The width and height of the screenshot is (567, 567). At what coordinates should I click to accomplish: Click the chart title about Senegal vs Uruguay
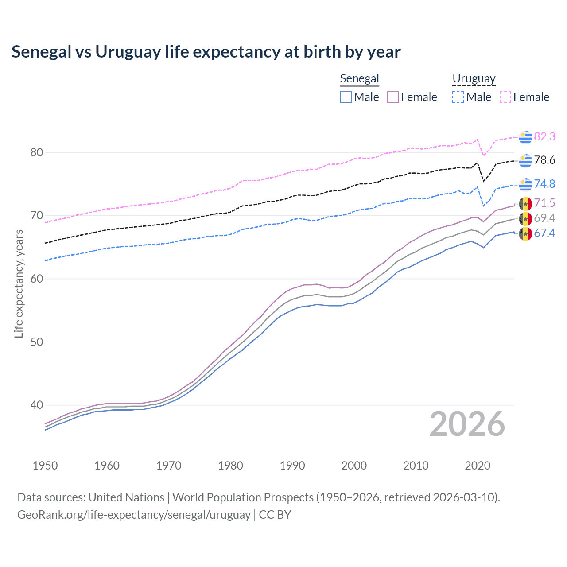pyautogui.click(x=206, y=52)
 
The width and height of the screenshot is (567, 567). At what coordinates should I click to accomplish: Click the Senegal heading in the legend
pyautogui.click(x=359, y=78)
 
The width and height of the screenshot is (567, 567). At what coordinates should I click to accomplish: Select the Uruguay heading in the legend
pyautogui.click(x=474, y=78)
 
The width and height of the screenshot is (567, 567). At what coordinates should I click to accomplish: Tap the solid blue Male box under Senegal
pyautogui.click(x=346, y=97)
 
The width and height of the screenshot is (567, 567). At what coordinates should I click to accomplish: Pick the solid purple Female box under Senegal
pyautogui.click(x=393, y=97)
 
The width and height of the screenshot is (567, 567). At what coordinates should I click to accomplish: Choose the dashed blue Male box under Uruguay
pyautogui.click(x=458, y=97)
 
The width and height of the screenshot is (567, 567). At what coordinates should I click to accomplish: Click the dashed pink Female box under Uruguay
pyautogui.click(x=505, y=97)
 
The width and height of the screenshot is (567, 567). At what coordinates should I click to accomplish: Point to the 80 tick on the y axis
pyautogui.click(x=37, y=152)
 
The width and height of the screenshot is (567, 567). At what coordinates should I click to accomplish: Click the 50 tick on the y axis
pyautogui.click(x=37, y=342)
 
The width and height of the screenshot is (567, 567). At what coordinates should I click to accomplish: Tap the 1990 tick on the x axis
pyautogui.click(x=292, y=466)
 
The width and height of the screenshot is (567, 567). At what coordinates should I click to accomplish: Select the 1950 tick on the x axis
pyautogui.click(x=45, y=466)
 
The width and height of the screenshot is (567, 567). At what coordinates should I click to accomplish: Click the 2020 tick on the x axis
pyautogui.click(x=478, y=466)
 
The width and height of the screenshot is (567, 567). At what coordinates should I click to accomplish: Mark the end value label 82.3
pyautogui.click(x=544, y=136)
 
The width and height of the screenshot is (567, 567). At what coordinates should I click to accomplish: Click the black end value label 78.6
pyautogui.click(x=544, y=160)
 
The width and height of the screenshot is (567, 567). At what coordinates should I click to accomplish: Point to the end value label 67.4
pyautogui.click(x=544, y=233)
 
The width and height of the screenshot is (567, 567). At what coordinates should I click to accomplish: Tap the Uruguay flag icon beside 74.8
pyautogui.click(x=525, y=184)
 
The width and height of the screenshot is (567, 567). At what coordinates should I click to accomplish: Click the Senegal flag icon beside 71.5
pyautogui.click(x=525, y=203)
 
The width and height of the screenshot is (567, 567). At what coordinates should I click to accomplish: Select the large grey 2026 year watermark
pyautogui.click(x=467, y=424)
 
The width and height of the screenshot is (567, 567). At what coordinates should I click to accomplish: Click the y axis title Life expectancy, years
pyautogui.click(x=19, y=283)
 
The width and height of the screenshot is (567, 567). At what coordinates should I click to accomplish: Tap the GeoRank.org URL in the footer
pyautogui.click(x=134, y=514)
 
